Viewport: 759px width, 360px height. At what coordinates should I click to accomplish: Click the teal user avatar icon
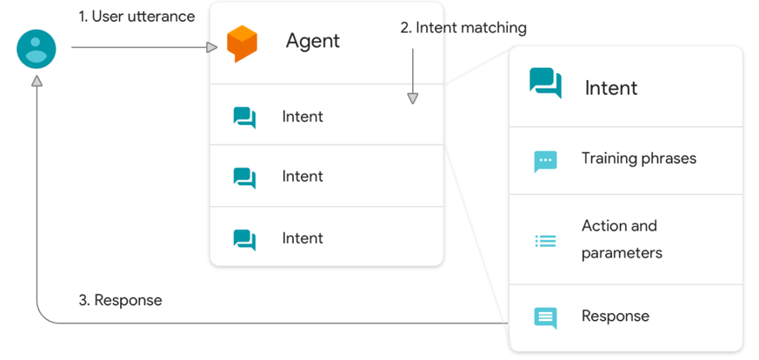37,49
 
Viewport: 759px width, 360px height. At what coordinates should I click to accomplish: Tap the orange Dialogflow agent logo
242,43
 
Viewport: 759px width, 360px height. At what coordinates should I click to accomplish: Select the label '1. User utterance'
137,17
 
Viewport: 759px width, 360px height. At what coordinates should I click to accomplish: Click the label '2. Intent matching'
463,28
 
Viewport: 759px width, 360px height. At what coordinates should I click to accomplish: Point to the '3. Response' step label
120,300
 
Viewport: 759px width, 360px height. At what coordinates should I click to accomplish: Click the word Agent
313,41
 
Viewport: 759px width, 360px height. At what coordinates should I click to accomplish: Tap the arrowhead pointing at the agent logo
211,48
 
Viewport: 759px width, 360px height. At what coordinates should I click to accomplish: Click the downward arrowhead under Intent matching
412,98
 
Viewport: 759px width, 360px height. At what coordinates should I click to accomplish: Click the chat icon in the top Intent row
244,117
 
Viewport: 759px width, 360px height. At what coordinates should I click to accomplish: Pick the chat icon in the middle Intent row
244,177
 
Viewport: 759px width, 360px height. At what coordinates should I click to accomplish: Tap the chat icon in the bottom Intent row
244,239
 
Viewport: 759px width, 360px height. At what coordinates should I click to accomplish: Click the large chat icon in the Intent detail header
545,83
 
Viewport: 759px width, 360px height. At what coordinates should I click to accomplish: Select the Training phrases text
639,158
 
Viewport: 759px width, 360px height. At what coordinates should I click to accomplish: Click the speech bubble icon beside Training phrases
545,161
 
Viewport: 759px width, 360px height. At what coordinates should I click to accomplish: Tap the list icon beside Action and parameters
545,241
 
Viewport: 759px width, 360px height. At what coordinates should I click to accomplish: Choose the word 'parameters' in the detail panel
622,253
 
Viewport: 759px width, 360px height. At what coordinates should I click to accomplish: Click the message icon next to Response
545,318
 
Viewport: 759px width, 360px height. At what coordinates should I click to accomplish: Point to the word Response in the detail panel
616,316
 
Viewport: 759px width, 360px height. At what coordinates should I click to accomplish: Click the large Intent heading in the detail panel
611,88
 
